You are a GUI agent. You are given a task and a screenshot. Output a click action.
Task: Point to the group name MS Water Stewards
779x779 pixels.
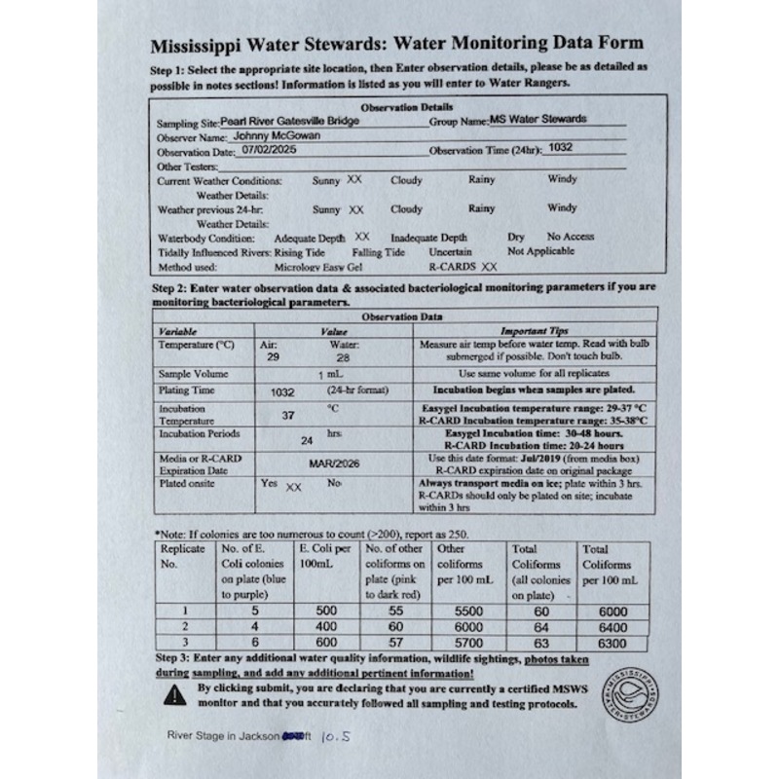[538, 120]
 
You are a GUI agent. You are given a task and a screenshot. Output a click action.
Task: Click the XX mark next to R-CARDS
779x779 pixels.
[489, 265]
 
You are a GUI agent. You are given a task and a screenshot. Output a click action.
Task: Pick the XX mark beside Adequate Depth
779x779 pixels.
[361, 237]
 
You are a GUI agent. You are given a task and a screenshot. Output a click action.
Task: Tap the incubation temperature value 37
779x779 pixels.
[288, 415]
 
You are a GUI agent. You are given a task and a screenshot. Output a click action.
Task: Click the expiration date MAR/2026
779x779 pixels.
[335, 464]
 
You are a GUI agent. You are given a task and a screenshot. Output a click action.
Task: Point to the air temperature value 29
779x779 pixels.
[272, 357]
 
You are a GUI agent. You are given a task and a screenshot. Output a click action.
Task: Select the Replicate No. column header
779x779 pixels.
[182, 556]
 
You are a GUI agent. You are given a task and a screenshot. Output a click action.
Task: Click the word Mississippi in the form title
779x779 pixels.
[204, 46]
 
